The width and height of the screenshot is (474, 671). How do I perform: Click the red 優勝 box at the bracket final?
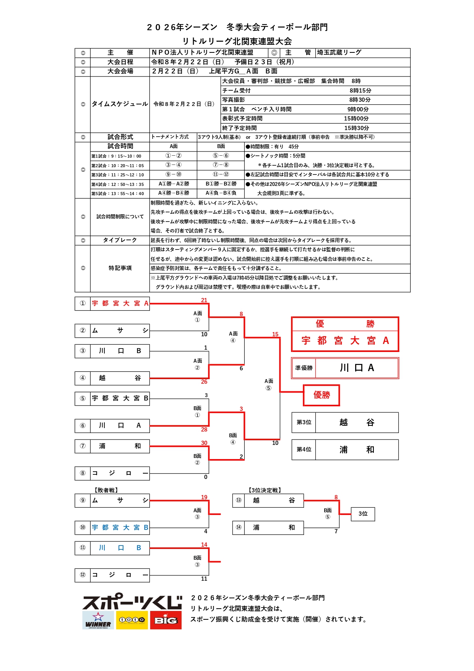click(321, 395)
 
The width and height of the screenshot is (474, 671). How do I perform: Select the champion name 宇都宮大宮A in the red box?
click(345, 340)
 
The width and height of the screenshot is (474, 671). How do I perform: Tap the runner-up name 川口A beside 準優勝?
click(357, 368)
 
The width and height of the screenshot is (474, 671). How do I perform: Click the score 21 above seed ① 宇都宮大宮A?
click(204, 300)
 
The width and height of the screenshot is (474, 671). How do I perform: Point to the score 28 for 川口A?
click(204, 430)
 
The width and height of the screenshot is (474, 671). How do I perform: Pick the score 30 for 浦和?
click(204, 443)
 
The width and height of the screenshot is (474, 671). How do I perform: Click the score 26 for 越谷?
click(204, 382)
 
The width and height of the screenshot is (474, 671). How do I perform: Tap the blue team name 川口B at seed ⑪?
click(120, 548)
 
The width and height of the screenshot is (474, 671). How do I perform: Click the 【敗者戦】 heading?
click(106, 490)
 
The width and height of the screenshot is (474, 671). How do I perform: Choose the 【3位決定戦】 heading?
click(265, 490)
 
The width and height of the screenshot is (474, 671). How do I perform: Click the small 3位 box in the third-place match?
click(363, 514)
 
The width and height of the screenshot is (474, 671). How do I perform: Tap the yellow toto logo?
click(132, 620)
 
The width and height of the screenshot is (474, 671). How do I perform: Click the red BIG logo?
click(166, 620)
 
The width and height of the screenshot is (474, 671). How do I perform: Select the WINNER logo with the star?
click(98, 620)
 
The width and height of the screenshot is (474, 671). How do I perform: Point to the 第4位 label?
click(304, 450)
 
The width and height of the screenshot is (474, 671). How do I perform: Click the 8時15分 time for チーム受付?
click(360, 91)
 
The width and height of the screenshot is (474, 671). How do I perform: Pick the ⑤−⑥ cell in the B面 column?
click(221, 156)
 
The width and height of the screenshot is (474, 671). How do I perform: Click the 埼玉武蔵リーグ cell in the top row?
click(339, 52)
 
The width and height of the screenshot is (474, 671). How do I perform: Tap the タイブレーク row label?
click(120, 240)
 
